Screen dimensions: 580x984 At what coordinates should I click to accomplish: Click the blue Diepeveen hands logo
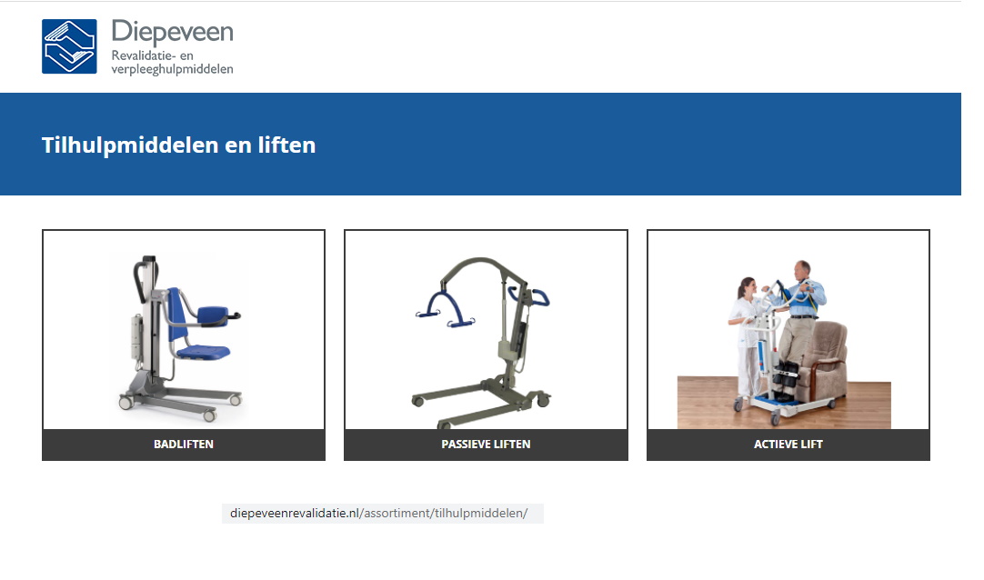coord(69,46)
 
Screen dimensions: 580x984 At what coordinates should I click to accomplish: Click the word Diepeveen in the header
coord(172,33)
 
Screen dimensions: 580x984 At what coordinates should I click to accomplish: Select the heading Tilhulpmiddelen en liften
coord(178,145)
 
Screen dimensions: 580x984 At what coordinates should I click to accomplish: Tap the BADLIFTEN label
coord(184,445)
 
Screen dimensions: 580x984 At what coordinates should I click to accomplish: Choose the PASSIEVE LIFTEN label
coord(486,445)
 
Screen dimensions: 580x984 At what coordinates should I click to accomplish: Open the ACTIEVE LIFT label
coord(788,445)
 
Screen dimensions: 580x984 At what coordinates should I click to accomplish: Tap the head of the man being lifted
coord(801,270)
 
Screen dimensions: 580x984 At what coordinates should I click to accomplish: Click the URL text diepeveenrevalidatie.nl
coord(295,514)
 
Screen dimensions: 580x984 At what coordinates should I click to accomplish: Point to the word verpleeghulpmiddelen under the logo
coord(172,69)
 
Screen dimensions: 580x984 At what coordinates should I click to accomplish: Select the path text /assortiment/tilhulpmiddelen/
coord(444,514)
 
